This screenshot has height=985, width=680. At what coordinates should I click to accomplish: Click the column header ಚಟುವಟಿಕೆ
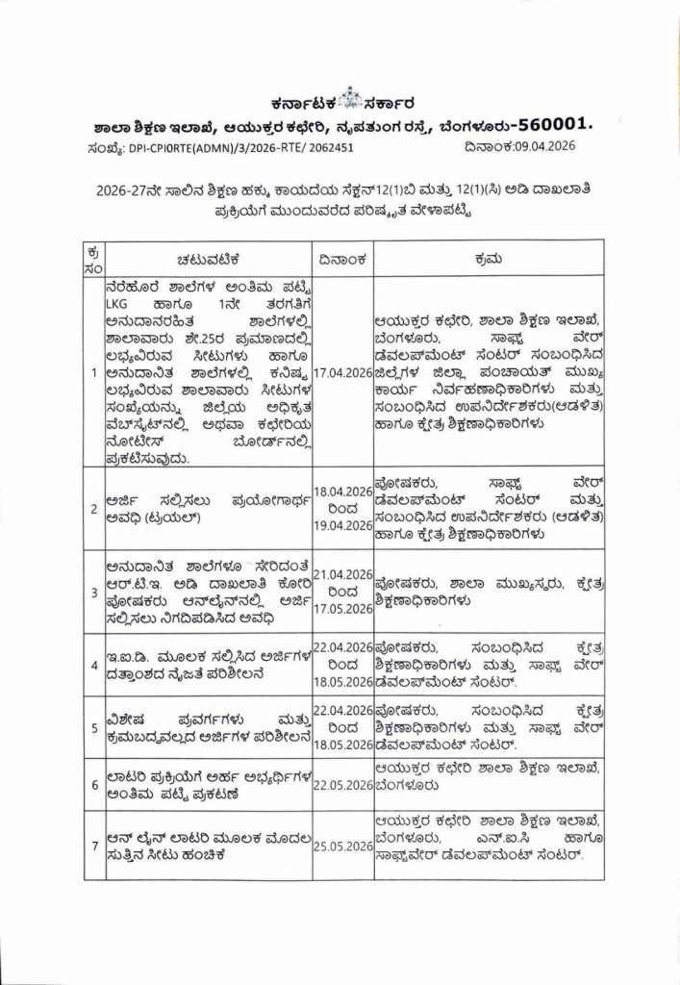pyautogui.click(x=207, y=259)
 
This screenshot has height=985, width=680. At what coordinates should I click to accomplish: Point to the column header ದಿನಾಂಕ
pyautogui.click(x=342, y=259)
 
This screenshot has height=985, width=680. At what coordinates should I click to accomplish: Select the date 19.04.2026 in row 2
pyautogui.click(x=342, y=525)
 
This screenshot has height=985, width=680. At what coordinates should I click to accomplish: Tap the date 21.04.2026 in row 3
pyautogui.click(x=342, y=574)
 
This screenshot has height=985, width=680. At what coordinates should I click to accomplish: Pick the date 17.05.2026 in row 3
pyautogui.click(x=342, y=608)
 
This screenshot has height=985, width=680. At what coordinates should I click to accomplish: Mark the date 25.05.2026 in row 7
pyautogui.click(x=342, y=846)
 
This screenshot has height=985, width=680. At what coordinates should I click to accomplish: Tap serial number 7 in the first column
pyautogui.click(x=94, y=846)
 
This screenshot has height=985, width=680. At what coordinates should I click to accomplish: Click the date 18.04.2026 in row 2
pyautogui.click(x=342, y=491)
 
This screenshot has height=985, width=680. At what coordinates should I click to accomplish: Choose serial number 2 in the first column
pyautogui.click(x=94, y=509)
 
